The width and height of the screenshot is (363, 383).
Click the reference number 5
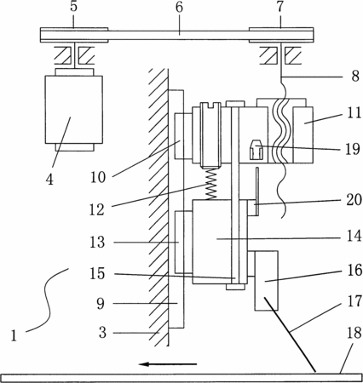pyautogui.click(x=73, y=7)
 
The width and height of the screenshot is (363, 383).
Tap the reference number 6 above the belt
pyautogui.click(x=179, y=7)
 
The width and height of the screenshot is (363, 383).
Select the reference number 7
pyautogui.click(x=280, y=7)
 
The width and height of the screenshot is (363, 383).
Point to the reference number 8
pyautogui.click(x=355, y=76)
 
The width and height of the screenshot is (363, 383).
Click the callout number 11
pyautogui.click(x=354, y=112)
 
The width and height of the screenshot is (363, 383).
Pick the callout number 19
pyautogui.click(x=353, y=149)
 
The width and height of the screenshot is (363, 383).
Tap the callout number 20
pyautogui.click(x=354, y=199)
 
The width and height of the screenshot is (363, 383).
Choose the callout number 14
pyautogui.click(x=354, y=236)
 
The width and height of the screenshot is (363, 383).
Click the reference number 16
pyautogui.click(x=354, y=270)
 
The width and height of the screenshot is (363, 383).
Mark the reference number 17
pyautogui.click(x=354, y=301)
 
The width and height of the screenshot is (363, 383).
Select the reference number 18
pyautogui.click(x=354, y=333)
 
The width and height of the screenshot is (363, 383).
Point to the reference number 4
pyautogui.click(x=49, y=180)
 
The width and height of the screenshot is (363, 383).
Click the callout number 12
pyautogui.click(x=97, y=209)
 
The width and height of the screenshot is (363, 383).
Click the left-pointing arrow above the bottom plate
pyautogui.click(x=168, y=364)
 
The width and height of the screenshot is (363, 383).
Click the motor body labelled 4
pyautogui.click(x=74, y=109)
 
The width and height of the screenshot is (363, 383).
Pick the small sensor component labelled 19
pyautogui.click(x=256, y=150)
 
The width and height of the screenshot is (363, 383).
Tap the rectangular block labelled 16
pyautogui.click(x=266, y=281)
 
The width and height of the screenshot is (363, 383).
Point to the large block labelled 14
pyautogui.click(x=220, y=242)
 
